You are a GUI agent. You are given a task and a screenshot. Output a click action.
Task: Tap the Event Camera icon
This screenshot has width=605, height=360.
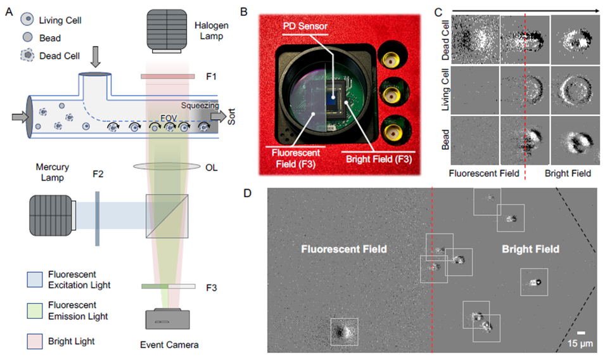point(167,319)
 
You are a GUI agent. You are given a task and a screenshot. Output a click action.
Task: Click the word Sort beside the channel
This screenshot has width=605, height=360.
point(231,118)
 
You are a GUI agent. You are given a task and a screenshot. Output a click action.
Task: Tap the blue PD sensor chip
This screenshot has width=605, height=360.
point(332,98)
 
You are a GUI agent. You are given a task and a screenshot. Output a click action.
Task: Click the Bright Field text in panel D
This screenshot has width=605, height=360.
point(530,249)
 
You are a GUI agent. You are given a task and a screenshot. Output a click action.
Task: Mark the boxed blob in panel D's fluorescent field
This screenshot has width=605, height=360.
point(344,331)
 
